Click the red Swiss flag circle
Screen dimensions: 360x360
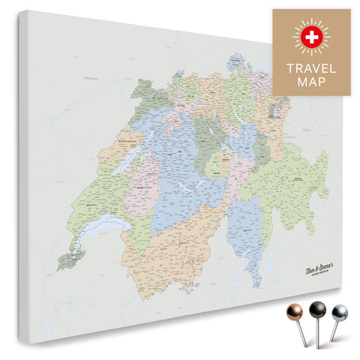point(310,37)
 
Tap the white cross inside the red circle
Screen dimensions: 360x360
point(310,37)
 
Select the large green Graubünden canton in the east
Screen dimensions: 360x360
point(289,184)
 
